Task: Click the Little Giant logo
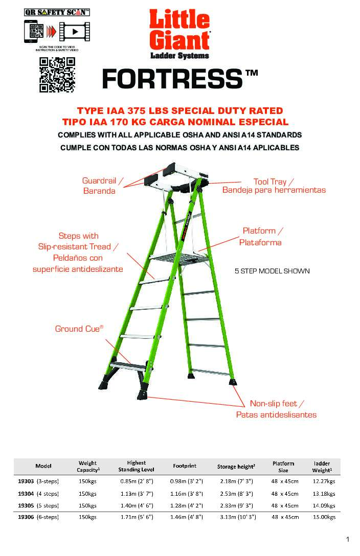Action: tap(179, 34)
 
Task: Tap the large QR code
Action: tap(57, 75)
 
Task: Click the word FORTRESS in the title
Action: tap(172, 79)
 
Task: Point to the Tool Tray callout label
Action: tap(274, 186)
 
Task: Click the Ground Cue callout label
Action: tap(79, 329)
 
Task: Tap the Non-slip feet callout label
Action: tap(276, 409)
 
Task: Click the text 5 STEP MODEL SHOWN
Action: tap(272, 271)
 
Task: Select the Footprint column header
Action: tap(185, 466)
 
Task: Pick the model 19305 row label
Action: tap(38, 505)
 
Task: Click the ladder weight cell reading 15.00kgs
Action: tap(324, 517)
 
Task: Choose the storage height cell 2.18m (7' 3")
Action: tap(236, 481)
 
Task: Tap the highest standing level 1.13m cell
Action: tap(137, 494)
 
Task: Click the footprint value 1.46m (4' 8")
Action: tap(186, 517)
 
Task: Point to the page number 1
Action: tap(348, 539)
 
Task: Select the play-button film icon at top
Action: tap(75, 32)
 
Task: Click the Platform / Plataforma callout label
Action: tap(261, 237)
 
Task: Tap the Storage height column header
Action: tap(236, 467)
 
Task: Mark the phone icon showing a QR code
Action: tap(34, 31)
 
